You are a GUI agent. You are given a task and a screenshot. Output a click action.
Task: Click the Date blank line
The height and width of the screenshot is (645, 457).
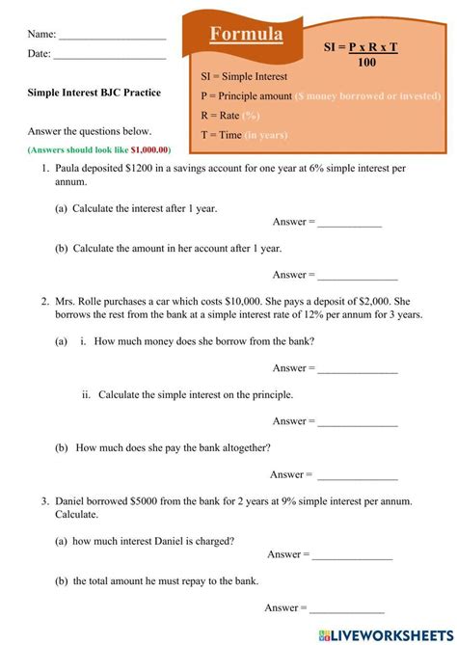click(x=108, y=55)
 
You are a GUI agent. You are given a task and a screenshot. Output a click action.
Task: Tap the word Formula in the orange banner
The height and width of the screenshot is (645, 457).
click(x=247, y=35)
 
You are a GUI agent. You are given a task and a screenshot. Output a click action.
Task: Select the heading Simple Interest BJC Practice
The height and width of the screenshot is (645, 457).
click(x=94, y=94)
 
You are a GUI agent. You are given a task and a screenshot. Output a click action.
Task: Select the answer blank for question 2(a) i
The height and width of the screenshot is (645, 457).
click(x=358, y=369)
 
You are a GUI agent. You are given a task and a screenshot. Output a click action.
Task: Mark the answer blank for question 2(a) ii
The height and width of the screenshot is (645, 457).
click(x=358, y=422)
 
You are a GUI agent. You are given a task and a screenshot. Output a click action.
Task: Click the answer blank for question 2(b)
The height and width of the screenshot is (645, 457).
click(x=358, y=475)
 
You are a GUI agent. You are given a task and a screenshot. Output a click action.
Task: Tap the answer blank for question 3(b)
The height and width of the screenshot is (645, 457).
click(x=347, y=608)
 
